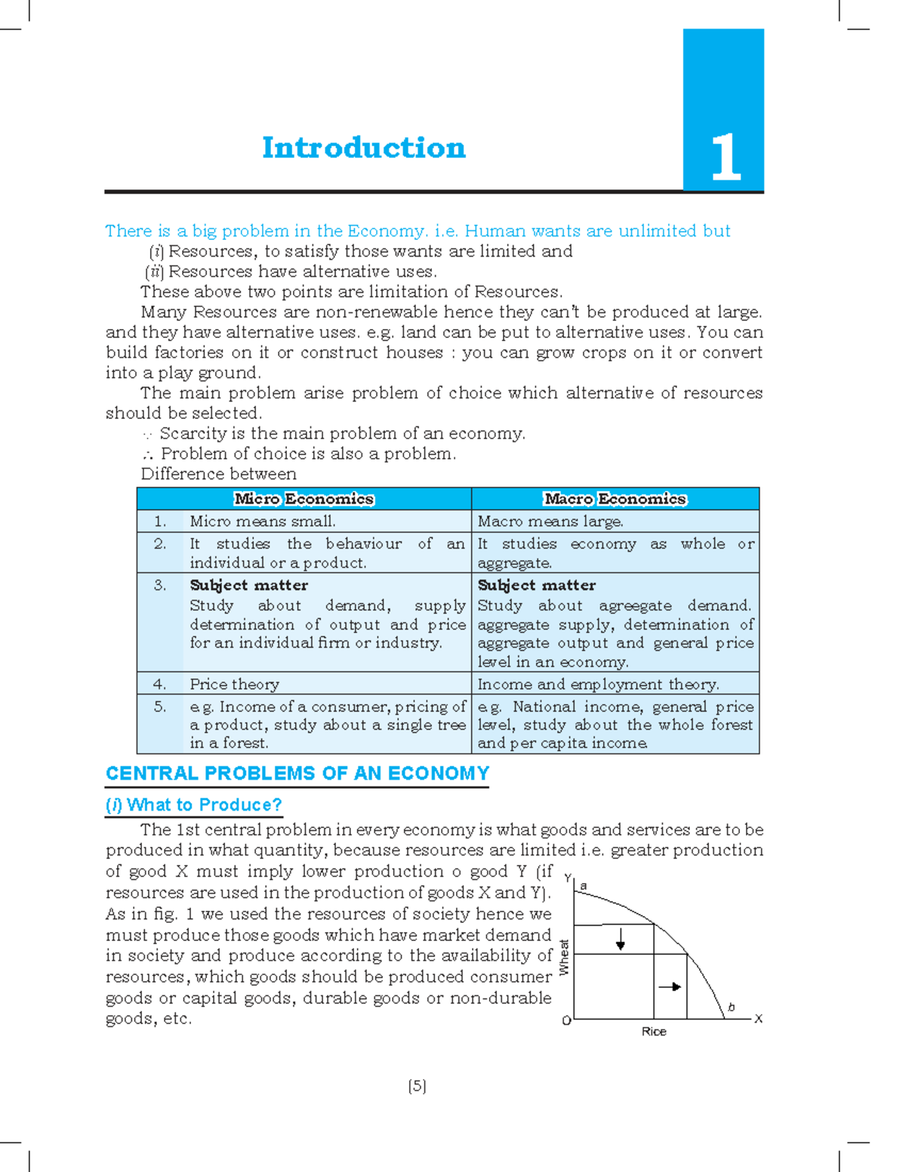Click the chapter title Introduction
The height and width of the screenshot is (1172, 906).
(x=363, y=148)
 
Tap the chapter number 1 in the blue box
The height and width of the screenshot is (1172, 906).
(x=726, y=157)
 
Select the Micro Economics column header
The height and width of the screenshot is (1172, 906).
(x=304, y=499)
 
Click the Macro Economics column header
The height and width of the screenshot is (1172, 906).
(x=615, y=499)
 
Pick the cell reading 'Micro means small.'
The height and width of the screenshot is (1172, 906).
(x=263, y=521)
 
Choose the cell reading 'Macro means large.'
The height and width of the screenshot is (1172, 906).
(x=550, y=521)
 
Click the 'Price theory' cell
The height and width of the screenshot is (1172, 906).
(x=234, y=684)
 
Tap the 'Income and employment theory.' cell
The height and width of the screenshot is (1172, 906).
(x=598, y=684)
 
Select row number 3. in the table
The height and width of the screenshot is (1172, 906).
(x=159, y=586)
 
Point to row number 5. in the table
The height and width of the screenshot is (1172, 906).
(x=159, y=707)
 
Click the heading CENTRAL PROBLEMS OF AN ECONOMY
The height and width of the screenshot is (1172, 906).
(x=297, y=774)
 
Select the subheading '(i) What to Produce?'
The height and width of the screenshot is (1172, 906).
(x=194, y=805)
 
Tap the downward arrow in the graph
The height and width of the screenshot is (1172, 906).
(x=621, y=940)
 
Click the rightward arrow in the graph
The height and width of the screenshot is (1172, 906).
(x=670, y=986)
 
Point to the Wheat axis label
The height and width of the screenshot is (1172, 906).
(x=564, y=957)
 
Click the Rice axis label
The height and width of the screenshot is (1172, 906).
(x=654, y=1032)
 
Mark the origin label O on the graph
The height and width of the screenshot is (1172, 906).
(x=566, y=1021)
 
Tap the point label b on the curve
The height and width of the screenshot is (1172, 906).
(x=731, y=1007)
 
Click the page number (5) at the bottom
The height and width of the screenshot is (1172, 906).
(x=417, y=1086)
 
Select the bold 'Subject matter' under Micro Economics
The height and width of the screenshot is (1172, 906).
(x=248, y=586)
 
